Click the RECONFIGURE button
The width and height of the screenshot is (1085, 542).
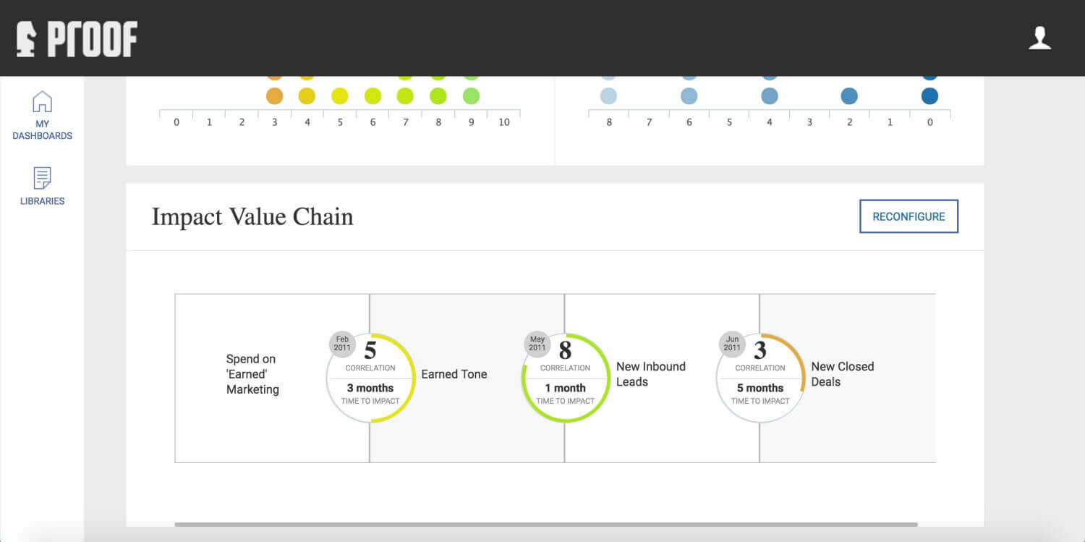point(909,216)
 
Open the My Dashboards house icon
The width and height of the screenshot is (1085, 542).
point(42,101)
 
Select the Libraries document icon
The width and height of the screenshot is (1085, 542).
point(42,178)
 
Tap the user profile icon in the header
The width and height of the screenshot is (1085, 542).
point(1039,38)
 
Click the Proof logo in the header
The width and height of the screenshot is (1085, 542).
point(77,39)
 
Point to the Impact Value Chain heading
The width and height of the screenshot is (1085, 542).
point(252,216)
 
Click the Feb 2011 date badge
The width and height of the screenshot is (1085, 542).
point(342,344)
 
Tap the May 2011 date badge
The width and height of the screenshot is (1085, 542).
point(537,344)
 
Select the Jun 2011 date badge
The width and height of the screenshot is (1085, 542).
point(732,344)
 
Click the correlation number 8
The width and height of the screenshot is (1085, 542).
point(565,350)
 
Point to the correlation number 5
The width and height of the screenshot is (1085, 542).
point(370,350)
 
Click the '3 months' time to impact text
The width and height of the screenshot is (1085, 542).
point(370,388)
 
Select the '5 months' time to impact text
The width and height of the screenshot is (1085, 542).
point(760,388)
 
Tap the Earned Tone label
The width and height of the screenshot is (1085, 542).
point(454,374)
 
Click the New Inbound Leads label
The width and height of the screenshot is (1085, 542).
point(650,374)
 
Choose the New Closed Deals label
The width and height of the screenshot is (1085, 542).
point(843,374)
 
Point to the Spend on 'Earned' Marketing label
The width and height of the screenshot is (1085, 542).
point(252,374)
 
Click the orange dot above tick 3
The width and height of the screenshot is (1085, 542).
point(275,96)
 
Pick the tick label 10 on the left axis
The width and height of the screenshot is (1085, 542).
point(504,122)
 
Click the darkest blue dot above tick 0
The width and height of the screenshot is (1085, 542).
point(929,96)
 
